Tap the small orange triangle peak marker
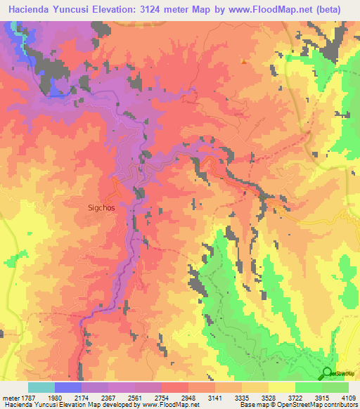click(x=244, y=61)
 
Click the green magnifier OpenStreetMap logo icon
click(x=327, y=373)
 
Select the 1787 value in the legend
click(x=28, y=396)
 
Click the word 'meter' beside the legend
click(x=10, y=396)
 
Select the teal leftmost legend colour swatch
click(x=41, y=387)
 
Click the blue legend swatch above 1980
click(x=67, y=387)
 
